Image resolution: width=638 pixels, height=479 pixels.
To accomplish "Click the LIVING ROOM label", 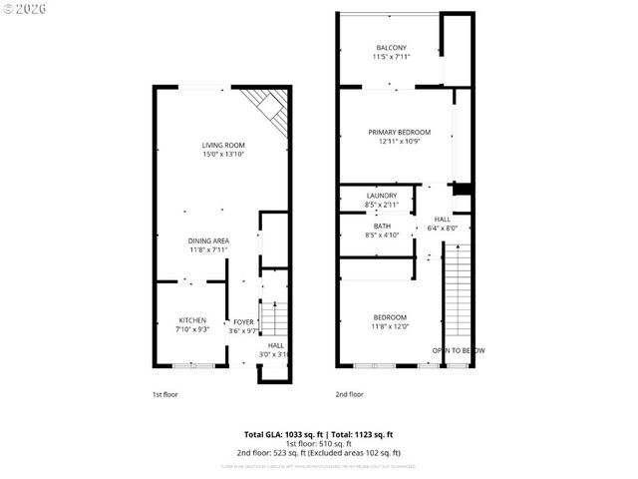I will click(x=223, y=146).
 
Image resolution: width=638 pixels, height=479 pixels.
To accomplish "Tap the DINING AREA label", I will click(x=209, y=240).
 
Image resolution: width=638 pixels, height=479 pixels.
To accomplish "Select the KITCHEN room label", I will click(x=192, y=320).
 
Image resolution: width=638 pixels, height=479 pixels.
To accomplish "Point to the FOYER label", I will click(x=243, y=322).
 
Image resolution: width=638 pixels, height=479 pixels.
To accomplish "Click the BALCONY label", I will click(x=391, y=48).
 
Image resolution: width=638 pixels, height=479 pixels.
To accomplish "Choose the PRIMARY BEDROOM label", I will click(x=399, y=133).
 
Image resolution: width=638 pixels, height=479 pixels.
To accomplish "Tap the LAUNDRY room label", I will click(x=382, y=196).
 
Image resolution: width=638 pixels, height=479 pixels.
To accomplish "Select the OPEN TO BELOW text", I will click(x=458, y=350).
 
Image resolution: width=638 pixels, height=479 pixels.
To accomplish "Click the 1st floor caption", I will click(x=164, y=394).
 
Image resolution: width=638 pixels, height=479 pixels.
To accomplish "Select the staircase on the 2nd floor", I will click(x=457, y=294).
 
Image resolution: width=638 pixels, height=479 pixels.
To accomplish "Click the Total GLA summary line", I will click(x=319, y=434).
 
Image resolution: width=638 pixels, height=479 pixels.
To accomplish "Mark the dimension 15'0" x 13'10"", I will click(x=223, y=155).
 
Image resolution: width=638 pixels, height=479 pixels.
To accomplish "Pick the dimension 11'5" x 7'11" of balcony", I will click(x=391, y=57).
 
